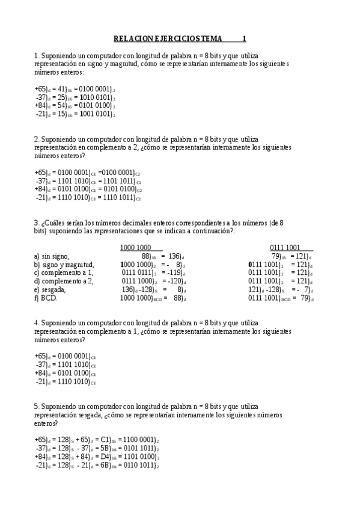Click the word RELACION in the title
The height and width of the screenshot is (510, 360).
pyautogui.click(x=130, y=38)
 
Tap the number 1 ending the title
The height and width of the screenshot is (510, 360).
pyautogui.click(x=244, y=38)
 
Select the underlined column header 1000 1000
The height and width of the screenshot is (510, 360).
pyautogui.click(x=135, y=248)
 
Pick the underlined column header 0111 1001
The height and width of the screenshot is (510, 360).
pyautogui.click(x=285, y=248)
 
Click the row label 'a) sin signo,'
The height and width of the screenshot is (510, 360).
pyautogui.click(x=52, y=256)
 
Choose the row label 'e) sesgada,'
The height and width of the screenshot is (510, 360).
pyautogui.click(x=50, y=289)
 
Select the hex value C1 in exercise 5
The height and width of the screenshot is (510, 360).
pyautogui.click(x=106, y=440)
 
